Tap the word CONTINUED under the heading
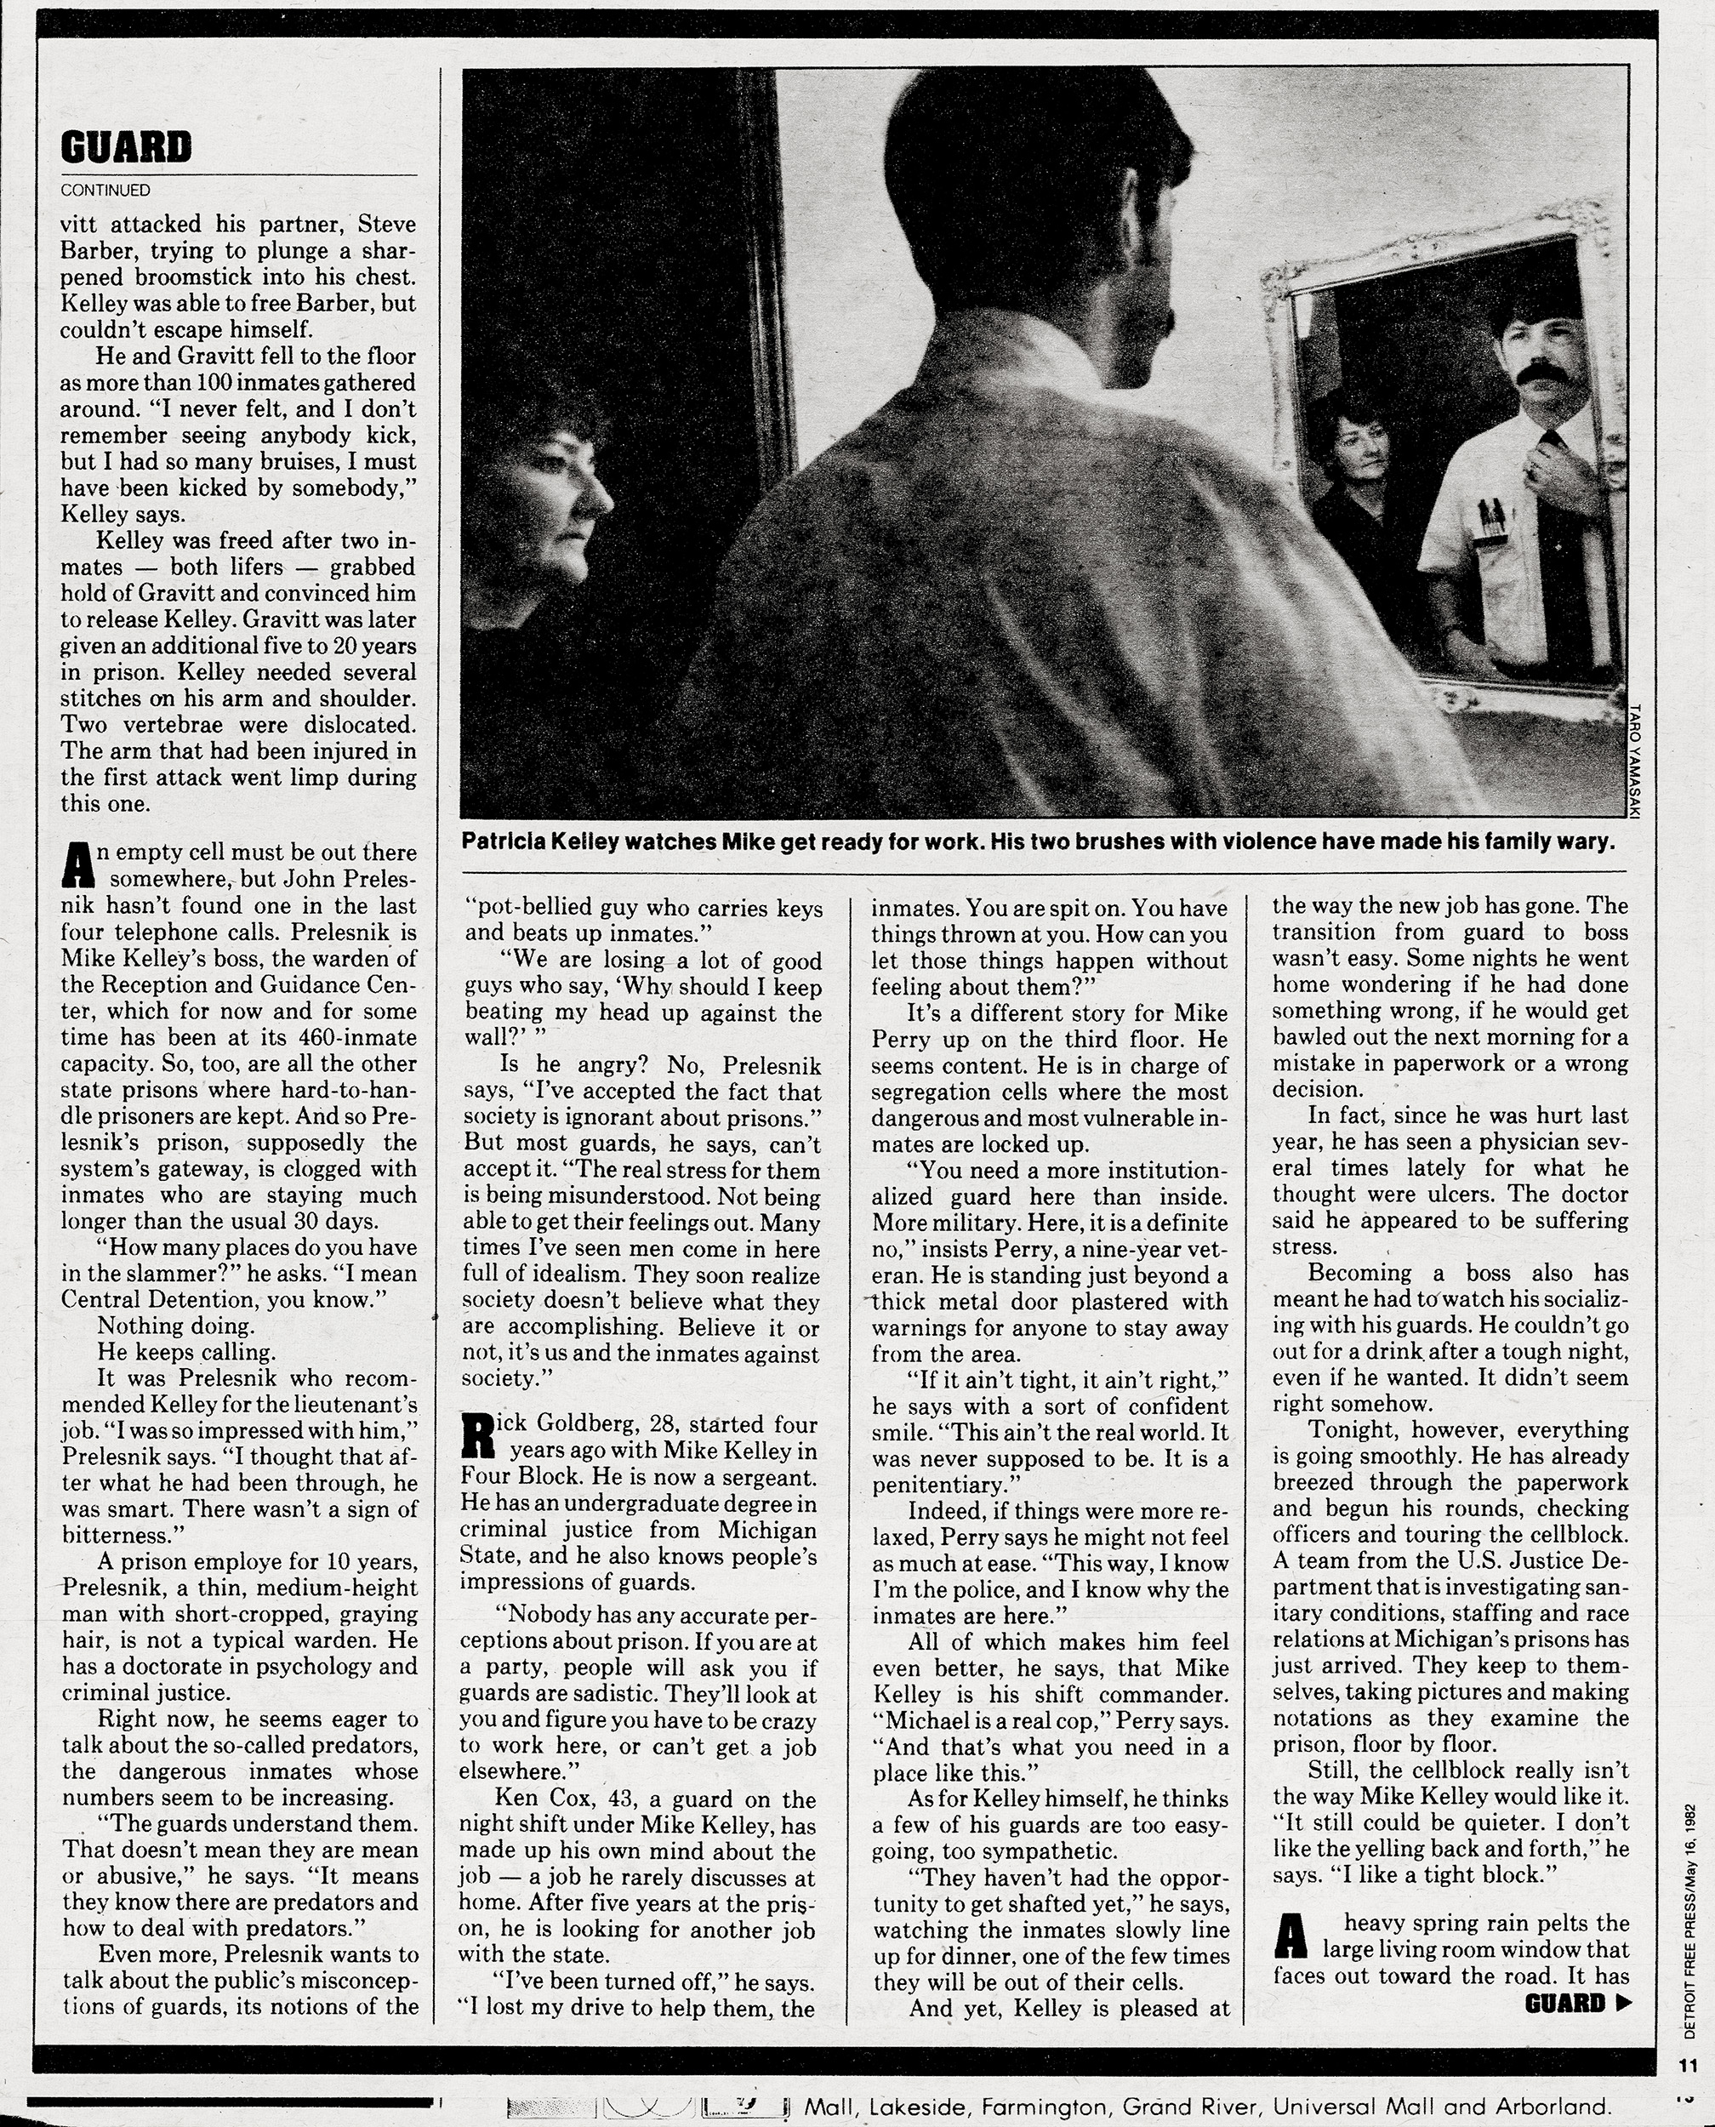click(x=105, y=190)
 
